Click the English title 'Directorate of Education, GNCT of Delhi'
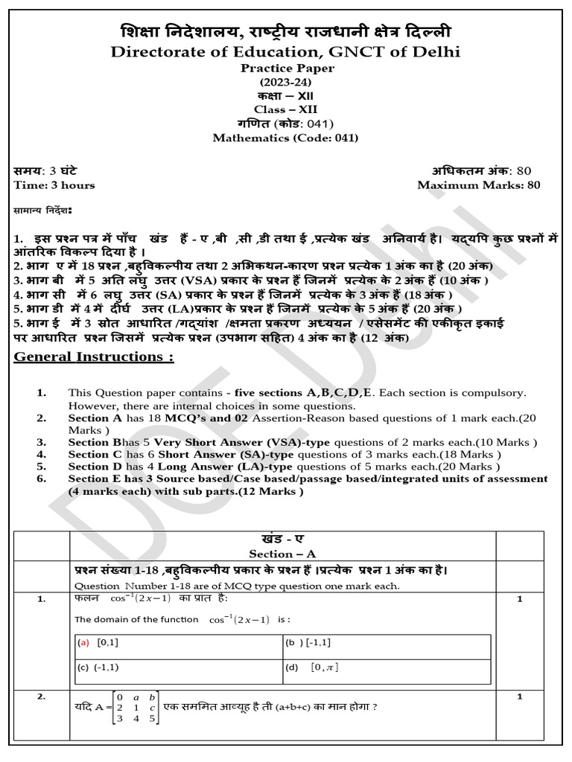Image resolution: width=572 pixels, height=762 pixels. (285, 51)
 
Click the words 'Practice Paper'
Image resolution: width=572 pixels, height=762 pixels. (285, 68)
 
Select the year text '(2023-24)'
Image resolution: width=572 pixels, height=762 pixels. (285, 81)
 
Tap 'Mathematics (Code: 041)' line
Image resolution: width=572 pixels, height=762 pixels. (285, 138)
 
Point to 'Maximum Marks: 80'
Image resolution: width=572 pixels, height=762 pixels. (479, 185)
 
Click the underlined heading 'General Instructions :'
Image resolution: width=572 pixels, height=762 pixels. (94, 356)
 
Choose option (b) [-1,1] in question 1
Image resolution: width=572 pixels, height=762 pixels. (308, 641)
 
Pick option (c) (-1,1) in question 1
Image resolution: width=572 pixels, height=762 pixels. (98, 667)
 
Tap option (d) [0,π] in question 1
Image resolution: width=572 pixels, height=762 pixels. (312, 667)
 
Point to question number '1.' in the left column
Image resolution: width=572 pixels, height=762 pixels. (42, 598)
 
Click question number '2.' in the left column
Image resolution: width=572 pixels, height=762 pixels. (42, 697)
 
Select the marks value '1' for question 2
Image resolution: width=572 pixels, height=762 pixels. (520, 697)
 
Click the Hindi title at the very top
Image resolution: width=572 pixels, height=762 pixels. (285, 32)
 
